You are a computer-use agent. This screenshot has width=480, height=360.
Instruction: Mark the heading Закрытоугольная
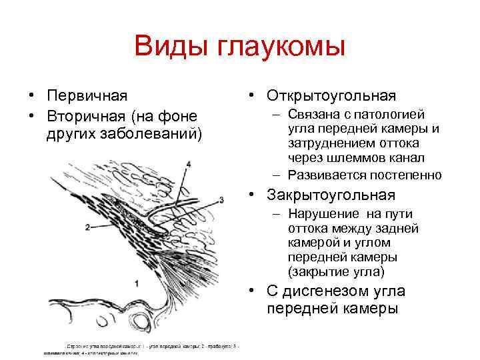[331, 195]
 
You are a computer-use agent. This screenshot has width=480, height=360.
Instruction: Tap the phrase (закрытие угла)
[336, 271]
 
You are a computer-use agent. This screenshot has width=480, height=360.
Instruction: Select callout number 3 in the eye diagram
[221, 199]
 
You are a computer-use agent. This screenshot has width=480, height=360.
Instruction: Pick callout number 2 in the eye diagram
[87, 227]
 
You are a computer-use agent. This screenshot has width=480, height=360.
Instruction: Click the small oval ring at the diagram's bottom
[141, 323]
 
